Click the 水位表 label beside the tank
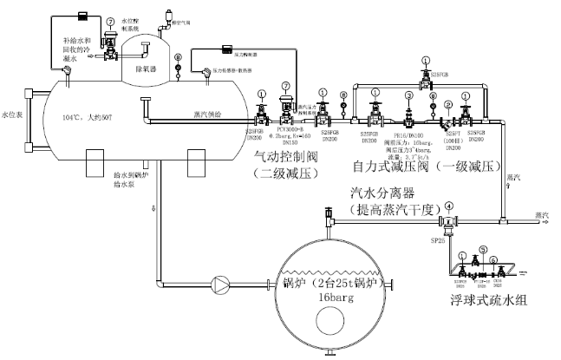point(10,114)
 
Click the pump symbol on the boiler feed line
point(223,283)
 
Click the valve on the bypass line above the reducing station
point(425,75)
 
